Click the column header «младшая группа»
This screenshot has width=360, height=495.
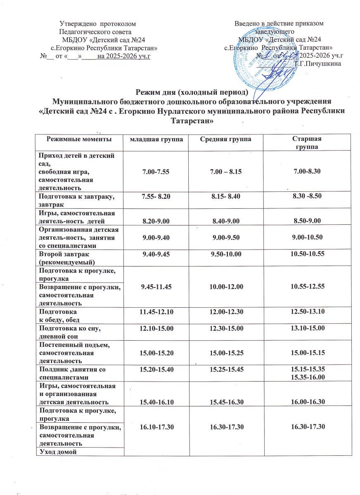pos(154,140)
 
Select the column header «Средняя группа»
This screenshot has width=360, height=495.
pos(226,140)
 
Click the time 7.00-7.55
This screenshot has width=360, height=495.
pos(154,170)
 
